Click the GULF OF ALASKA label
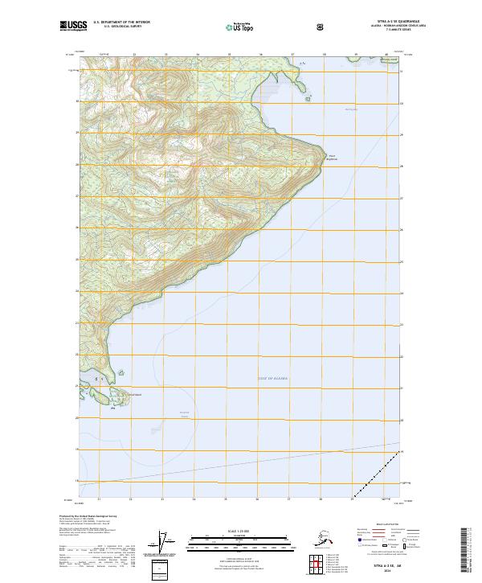tap(273, 377)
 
